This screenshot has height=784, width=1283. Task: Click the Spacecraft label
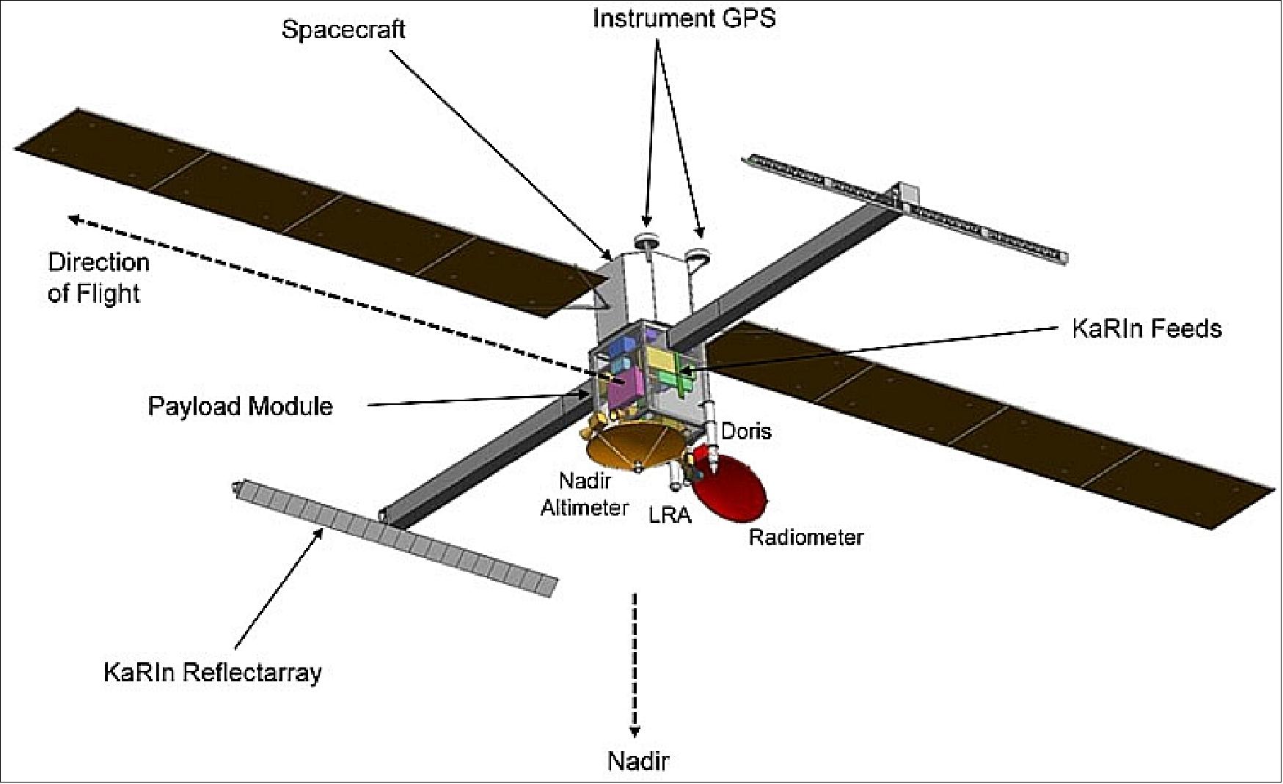[343, 29]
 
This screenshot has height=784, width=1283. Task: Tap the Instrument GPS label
[684, 18]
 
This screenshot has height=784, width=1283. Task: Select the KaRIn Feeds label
[1147, 328]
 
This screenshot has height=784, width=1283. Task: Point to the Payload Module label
[241, 406]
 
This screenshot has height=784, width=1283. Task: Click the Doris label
[746, 431]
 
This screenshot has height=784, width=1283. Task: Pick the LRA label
[670, 515]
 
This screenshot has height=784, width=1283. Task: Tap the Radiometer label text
[805, 538]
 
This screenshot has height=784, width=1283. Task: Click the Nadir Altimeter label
[585, 494]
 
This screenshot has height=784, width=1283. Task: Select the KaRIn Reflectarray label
[213, 672]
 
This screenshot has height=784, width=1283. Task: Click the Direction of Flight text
[98, 278]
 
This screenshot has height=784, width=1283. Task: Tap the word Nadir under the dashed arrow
[637, 761]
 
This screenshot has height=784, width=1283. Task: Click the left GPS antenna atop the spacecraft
[648, 240]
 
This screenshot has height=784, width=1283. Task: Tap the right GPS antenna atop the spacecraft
[698, 254]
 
